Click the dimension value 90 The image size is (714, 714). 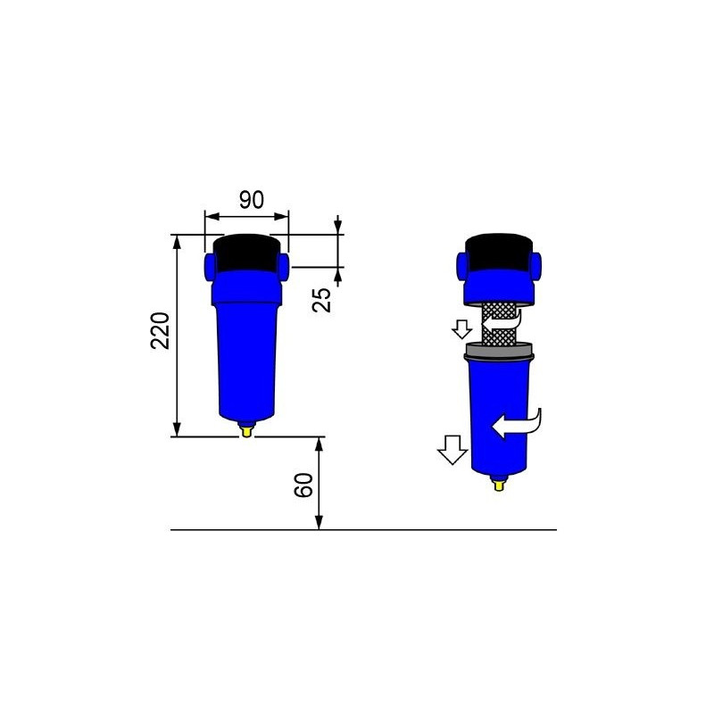click(252, 200)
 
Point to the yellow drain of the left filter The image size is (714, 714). click(246, 432)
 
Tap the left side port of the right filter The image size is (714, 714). click(463, 264)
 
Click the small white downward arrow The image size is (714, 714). click(461, 329)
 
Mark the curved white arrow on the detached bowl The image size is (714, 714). click(517, 424)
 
